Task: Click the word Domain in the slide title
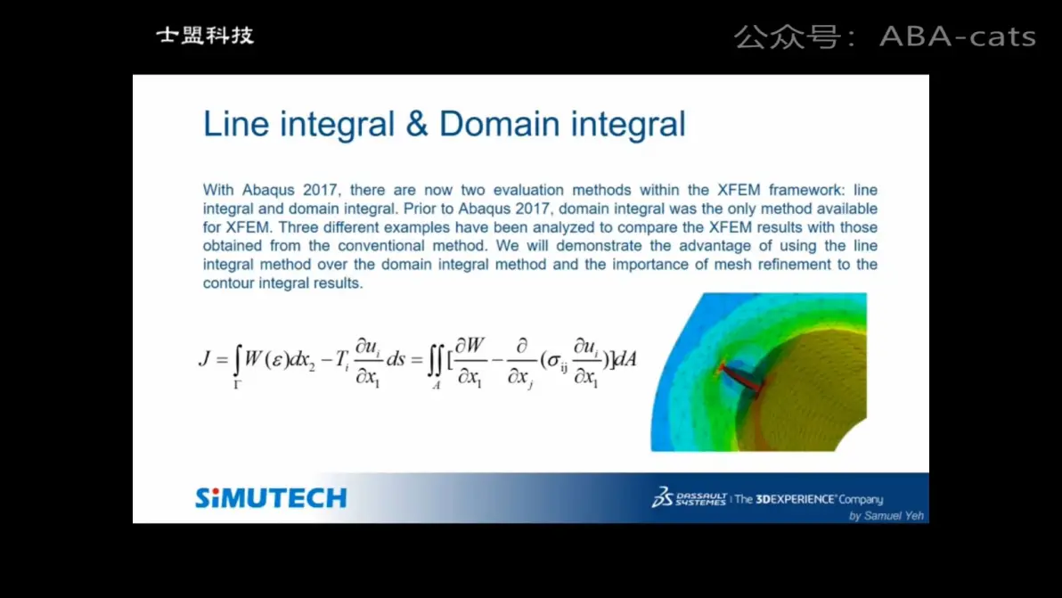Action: click(x=499, y=124)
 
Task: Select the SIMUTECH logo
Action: click(x=271, y=498)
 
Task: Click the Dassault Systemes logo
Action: click(x=689, y=498)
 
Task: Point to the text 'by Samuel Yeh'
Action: click(x=886, y=515)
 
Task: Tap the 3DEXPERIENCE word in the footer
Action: click(x=795, y=499)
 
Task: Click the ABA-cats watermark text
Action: click(x=958, y=37)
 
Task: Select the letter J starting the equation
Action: click(x=205, y=358)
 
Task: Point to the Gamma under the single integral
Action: click(x=237, y=385)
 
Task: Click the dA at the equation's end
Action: click(x=625, y=359)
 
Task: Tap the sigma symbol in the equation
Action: click(x=552, y=361)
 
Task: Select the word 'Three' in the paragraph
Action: click(x=298, y=227)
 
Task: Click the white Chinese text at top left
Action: click(x=205, y=36)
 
